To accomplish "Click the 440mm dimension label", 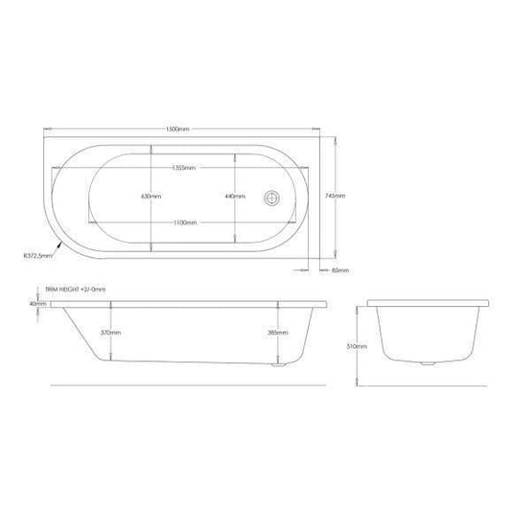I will click(235, 196).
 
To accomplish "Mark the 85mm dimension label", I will click(338, 270).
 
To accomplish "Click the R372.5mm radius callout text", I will click(35, 256).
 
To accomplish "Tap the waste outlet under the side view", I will click(279, 364).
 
